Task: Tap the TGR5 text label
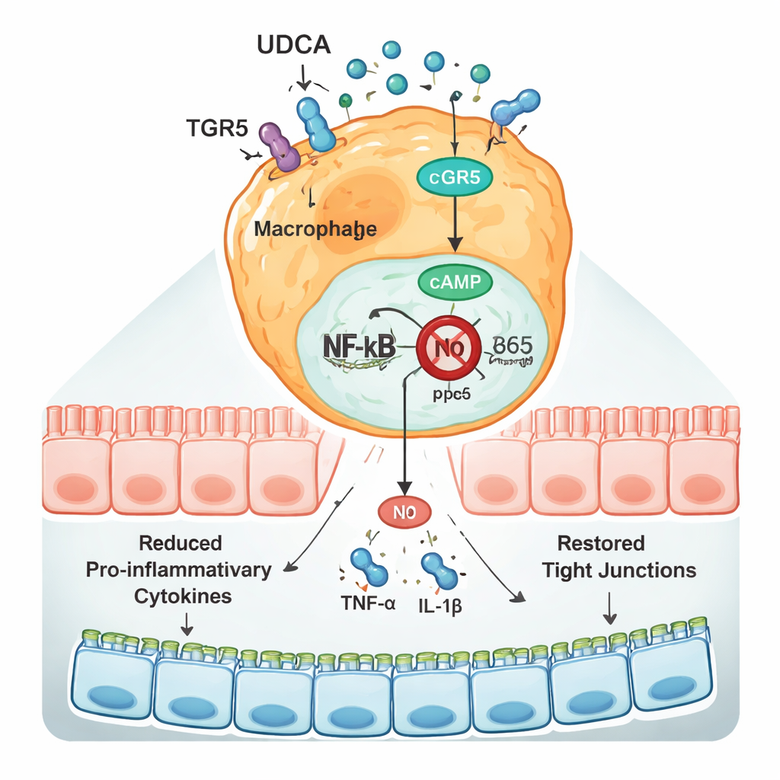click(x=217, y=128)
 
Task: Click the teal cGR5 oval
click(x=455, y=177)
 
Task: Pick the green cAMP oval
click(x=456, y=282)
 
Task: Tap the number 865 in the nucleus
click(x=512, y=344)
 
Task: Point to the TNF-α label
click(x=363, y=608)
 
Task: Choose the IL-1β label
click(x=442, y=608)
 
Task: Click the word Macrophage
click(x=315, y=228)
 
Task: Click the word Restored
click(x=601, y=544)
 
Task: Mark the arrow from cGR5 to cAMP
click(x=456, y=225)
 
